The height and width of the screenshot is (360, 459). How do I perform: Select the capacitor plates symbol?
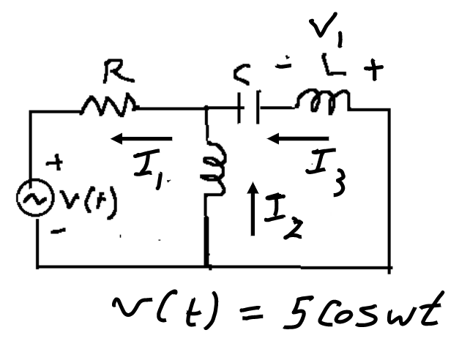250,110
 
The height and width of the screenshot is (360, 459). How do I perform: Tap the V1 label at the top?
323,30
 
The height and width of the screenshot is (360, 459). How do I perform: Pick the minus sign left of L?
280,68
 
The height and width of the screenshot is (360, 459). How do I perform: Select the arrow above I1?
142,138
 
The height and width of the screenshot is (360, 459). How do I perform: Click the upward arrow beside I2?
253,209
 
